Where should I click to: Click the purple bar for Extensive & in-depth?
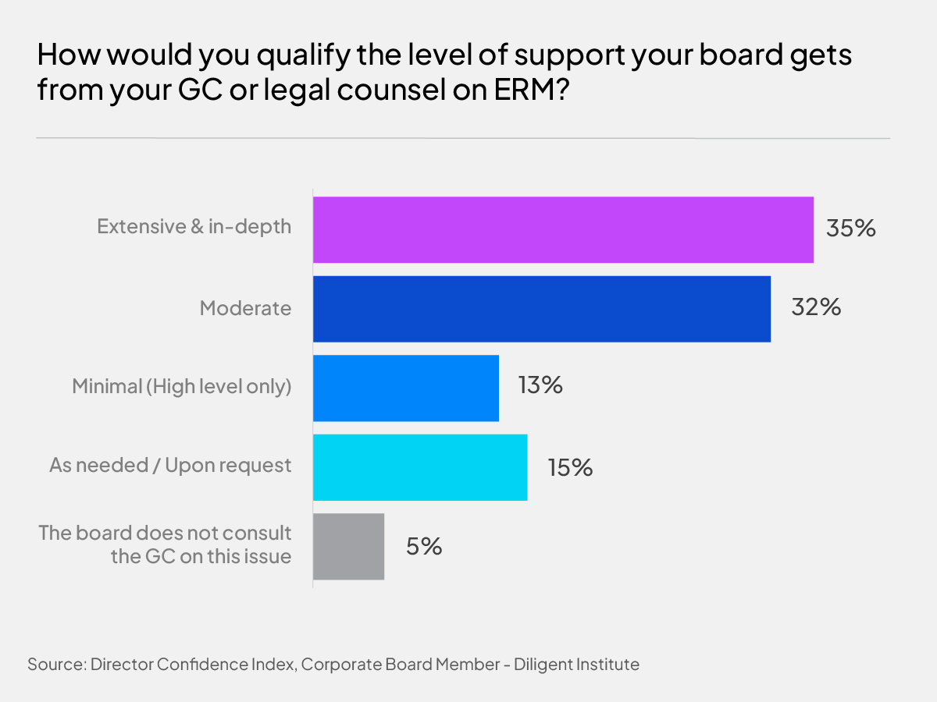(563, 229)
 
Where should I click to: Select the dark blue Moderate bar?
(542, 309)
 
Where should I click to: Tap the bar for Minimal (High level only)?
(406, 388)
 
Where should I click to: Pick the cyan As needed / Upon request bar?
(420, 467)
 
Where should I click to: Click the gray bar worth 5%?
(348, 546)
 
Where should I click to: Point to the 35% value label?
(852, 229)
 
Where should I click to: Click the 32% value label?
(816, 308)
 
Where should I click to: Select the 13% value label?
(540, 386)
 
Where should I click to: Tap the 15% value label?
(569, 467)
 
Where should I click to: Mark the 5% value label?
(424, 546)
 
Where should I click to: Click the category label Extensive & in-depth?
(194, 227)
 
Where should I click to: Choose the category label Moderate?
(245, 308)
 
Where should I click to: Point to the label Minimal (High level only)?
(181, 387)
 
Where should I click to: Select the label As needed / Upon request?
(170, 466)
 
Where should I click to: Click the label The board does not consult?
(165, 534)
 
